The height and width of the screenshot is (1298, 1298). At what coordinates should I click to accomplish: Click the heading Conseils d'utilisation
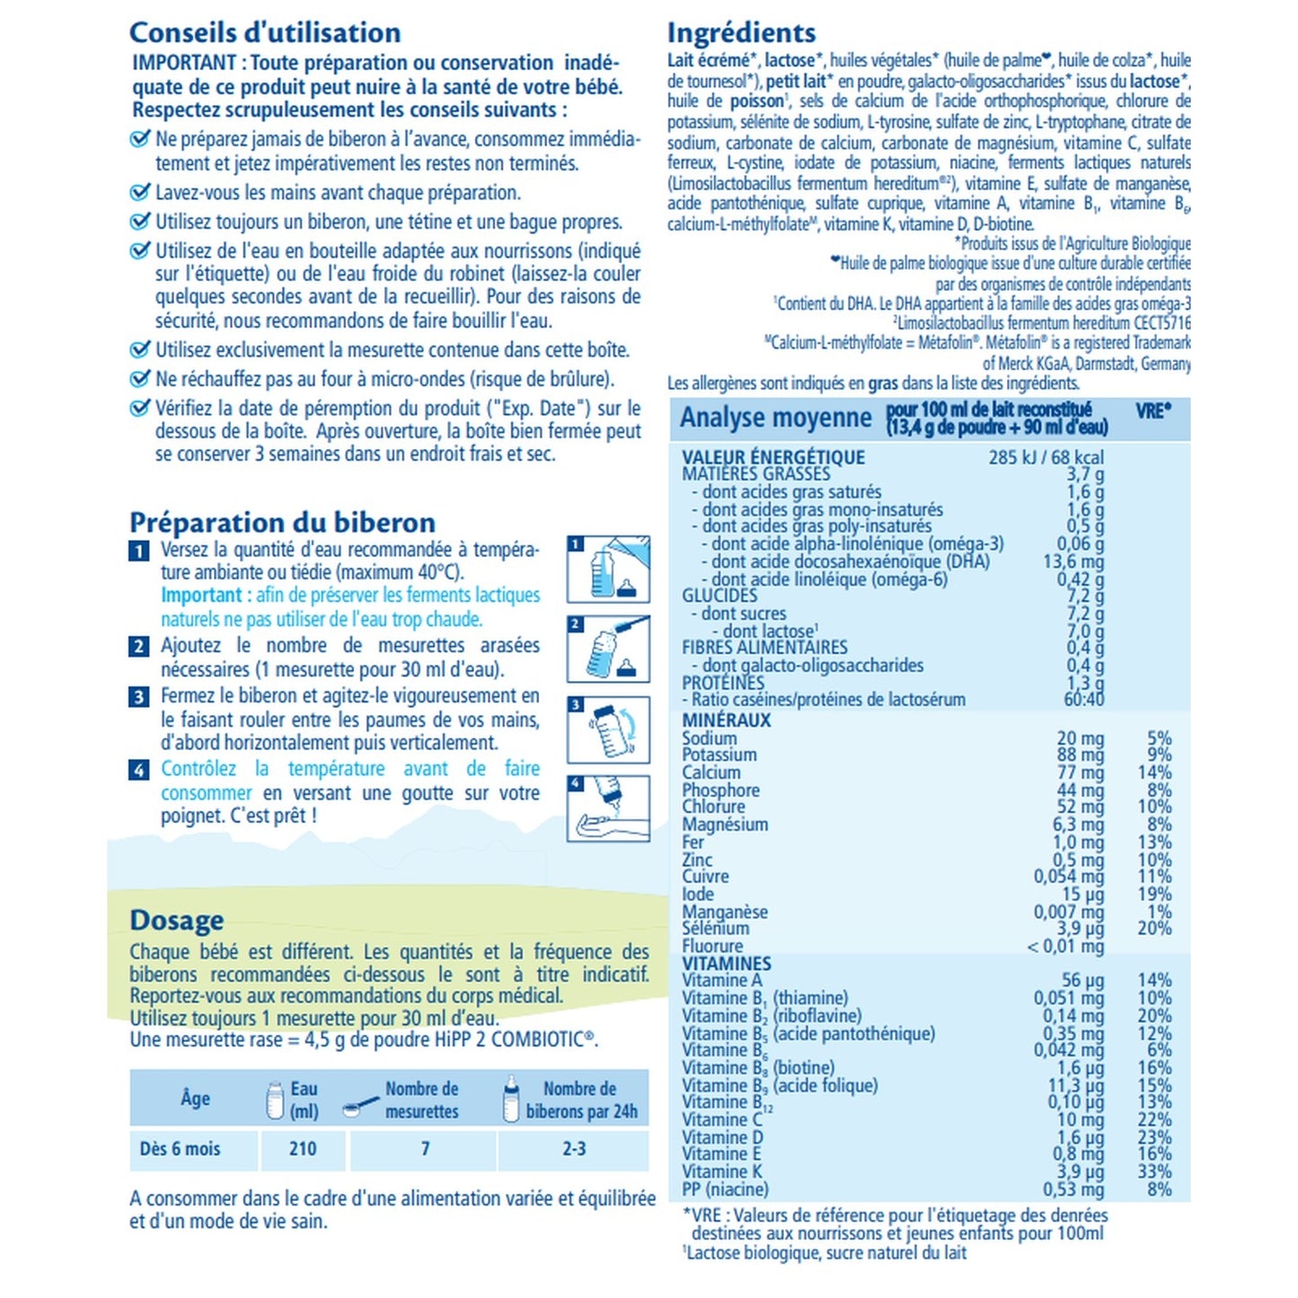(265, 33)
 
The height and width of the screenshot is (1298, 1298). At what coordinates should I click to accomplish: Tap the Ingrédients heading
(741, 33)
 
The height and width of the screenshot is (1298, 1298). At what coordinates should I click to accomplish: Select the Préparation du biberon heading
(282, 523)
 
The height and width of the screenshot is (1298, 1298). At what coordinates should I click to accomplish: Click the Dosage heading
(176, 921)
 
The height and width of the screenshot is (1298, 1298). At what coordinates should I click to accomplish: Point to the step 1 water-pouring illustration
(608, 570)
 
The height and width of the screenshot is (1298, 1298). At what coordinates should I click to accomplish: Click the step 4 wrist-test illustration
(608, 808)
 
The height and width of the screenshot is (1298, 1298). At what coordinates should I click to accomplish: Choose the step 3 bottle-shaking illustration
(608, 728)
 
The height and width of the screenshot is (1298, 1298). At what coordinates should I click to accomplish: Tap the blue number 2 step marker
(139, 647)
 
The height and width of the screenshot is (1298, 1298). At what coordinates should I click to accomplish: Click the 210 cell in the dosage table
(303, 1149)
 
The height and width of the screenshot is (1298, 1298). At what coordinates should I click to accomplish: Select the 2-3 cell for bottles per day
(574, 1149)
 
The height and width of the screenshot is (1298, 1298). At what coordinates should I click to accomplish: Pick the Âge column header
(195, 1098)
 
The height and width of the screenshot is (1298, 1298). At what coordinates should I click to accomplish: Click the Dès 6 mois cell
(180, 1149)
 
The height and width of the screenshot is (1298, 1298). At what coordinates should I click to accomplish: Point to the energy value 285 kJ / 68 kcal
(1046, 457)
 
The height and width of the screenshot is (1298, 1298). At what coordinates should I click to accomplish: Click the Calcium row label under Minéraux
(711, 773)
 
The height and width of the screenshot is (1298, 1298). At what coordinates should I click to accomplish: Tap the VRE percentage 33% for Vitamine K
(1154, 1171)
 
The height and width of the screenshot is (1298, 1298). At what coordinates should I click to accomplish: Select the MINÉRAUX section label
(726, 720)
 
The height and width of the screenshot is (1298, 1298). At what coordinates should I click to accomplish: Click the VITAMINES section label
(726, 964)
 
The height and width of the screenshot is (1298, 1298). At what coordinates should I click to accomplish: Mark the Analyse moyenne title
(775, 419)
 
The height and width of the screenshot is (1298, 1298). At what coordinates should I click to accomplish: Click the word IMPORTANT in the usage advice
(184, 63)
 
